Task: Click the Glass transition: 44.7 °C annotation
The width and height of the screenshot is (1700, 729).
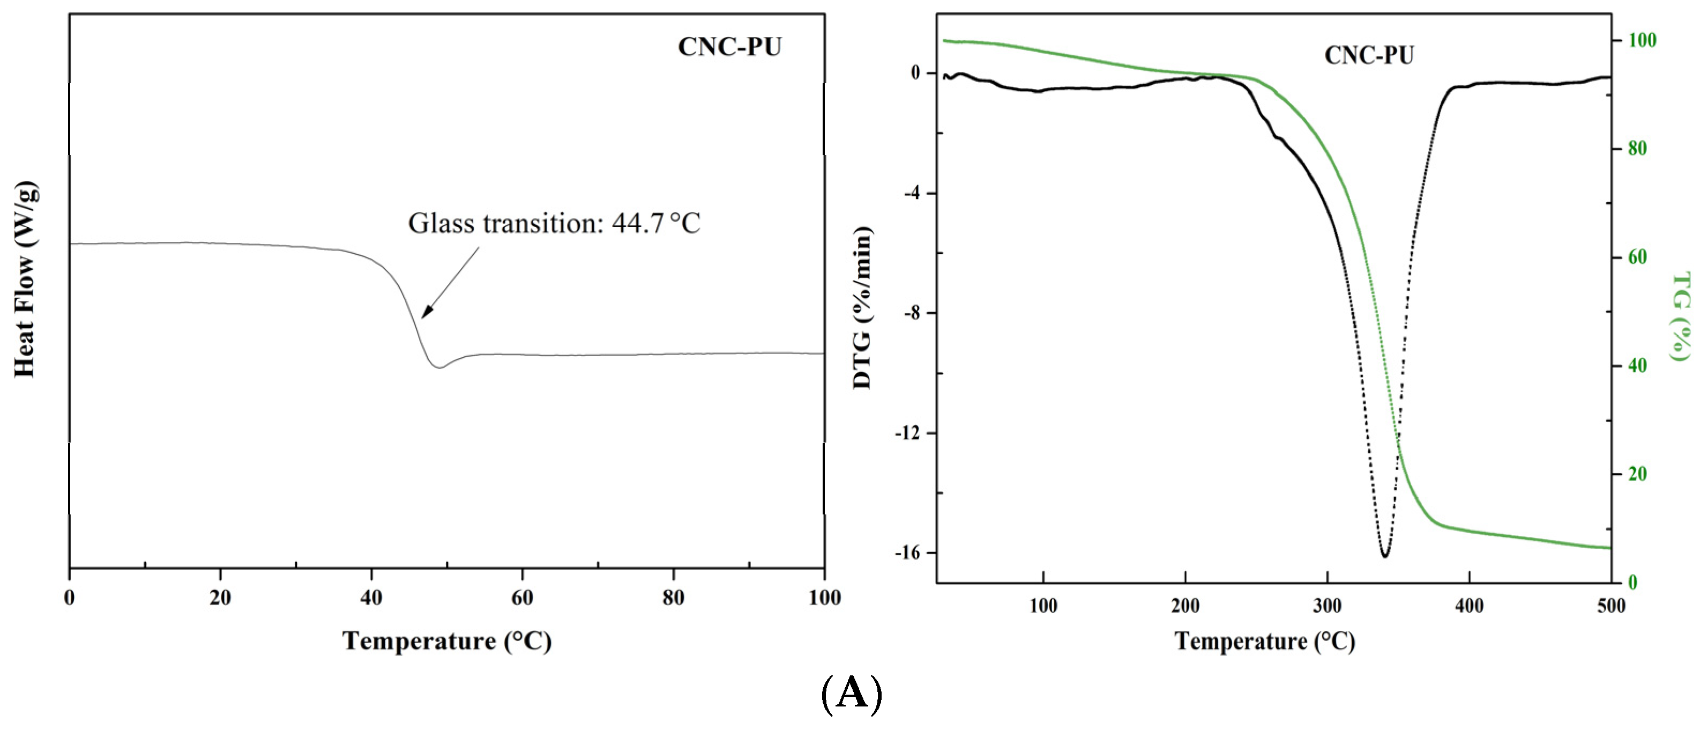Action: click(554, 223)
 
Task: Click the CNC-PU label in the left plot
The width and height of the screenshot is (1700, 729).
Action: click(729, 47)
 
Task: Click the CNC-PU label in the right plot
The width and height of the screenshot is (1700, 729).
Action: click(1369, 55)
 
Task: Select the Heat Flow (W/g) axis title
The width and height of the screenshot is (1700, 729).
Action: click(25, 279)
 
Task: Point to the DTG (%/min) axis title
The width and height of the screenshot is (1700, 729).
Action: click(862, 308)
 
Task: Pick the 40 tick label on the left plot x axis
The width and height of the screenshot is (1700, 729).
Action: click(371, 598)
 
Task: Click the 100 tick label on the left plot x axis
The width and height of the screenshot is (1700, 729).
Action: click(824, 598)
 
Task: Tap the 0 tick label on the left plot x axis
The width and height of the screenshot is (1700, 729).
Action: click(69, 598)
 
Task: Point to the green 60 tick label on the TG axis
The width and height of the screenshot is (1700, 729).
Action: click(1637, 257)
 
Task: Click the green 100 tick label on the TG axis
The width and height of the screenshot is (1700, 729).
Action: click(1642, 40)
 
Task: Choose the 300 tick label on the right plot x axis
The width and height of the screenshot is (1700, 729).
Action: click(1327, 606)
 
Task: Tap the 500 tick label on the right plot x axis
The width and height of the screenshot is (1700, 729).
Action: click(1611, 606)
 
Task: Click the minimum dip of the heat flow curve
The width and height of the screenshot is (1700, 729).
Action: click(439, 367)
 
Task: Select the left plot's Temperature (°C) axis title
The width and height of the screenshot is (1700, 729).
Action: click(447, 640)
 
